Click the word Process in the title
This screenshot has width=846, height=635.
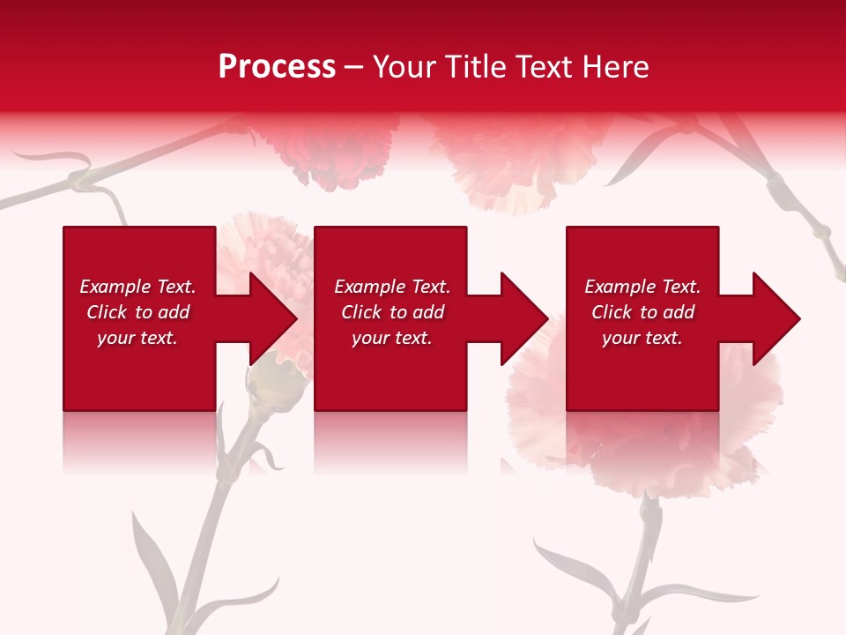point(277,67)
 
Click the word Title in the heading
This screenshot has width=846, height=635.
point(473,67)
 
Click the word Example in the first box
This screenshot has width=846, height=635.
point(115,287)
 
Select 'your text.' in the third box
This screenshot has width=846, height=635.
point(642,338)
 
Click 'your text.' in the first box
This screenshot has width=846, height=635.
point(137,338)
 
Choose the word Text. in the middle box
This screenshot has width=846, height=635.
point(427,287)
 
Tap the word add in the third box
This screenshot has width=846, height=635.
point(679,312)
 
